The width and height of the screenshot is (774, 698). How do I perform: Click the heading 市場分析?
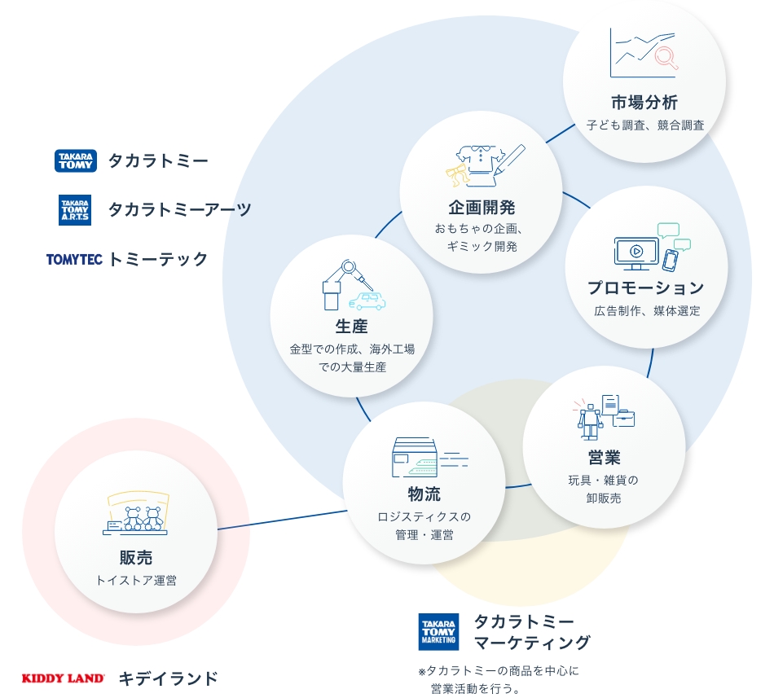[644, 103]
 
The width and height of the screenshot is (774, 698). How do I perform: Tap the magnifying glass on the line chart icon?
[666, 57]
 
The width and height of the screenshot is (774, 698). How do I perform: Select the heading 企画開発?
[482, 208]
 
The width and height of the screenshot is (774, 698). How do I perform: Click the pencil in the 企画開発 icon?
[509, 160]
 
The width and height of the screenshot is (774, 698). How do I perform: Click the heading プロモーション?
[645, 288]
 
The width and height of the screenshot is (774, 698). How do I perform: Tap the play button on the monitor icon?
[636, 251]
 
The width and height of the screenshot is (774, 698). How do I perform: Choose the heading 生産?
[351, 326]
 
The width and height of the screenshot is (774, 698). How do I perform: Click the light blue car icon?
[367, 301]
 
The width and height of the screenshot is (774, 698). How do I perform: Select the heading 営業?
[604, 458]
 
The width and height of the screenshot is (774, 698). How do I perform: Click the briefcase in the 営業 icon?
[623, 418]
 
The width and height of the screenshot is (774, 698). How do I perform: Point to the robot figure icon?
[590, 421]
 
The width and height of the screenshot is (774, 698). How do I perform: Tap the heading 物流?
[424, 494]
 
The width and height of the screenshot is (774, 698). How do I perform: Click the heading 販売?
[136, 558]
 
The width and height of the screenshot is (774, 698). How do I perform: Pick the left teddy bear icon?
[133, 518]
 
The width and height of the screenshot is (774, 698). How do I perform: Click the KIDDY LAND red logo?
[64, 678]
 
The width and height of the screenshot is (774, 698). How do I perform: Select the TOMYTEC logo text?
[74, 260]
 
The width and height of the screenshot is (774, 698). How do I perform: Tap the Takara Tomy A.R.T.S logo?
[75, 210]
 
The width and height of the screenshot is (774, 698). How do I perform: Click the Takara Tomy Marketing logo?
[438, 632]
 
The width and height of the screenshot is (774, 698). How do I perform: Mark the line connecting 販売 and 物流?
[282, 520]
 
